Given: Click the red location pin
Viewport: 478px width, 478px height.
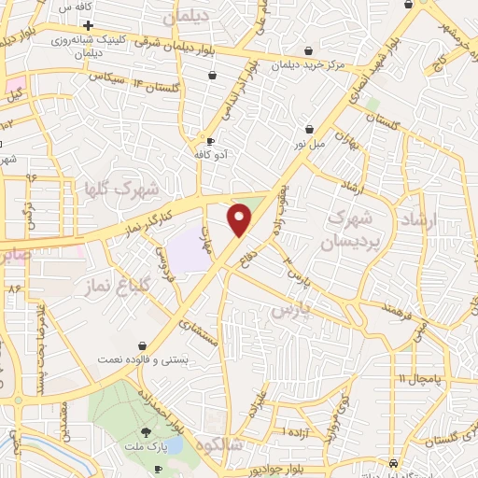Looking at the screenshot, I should tap(240, 218).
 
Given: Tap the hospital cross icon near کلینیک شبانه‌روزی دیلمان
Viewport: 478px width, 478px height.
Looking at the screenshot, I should tap(87, 25).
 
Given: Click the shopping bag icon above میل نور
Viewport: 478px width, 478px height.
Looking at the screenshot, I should tap(308, 130).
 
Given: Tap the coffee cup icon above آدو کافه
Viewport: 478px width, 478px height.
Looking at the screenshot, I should tap(210, 141).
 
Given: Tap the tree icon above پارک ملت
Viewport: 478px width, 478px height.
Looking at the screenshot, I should tap(147, 431).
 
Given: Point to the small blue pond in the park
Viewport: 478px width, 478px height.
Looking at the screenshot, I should tap(175, 445).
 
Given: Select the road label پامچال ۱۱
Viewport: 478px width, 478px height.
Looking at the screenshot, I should tap(416, 378).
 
